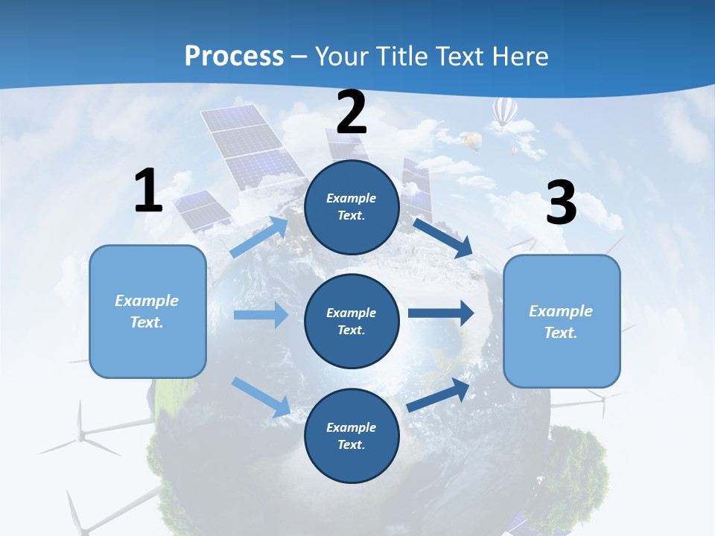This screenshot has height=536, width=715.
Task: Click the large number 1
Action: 148,191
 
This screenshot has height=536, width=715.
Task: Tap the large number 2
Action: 352,112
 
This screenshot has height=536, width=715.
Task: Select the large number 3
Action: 561,203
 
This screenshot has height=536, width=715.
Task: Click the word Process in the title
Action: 234,56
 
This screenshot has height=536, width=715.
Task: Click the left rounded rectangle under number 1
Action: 147,311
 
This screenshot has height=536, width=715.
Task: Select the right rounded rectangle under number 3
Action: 562,322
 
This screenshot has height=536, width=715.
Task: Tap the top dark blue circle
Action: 352,207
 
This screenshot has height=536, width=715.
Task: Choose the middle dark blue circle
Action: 352,321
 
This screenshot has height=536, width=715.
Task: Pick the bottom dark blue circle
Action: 352,435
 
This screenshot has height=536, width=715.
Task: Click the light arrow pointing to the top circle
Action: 259,237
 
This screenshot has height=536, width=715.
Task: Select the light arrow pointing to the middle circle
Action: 261,315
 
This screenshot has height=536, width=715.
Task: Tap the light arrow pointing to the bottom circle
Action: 261,397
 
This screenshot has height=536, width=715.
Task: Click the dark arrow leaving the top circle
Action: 442,237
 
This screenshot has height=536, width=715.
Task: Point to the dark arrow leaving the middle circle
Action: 441,313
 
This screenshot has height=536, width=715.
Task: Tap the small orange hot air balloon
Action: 472,140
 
